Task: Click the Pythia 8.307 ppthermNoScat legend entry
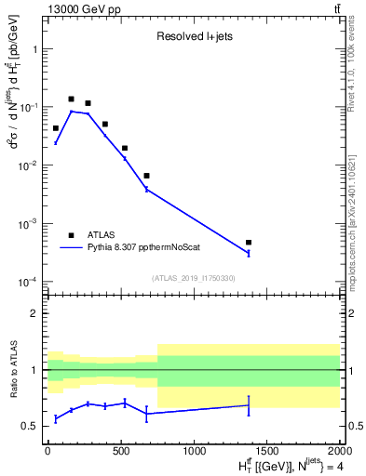(149, 248)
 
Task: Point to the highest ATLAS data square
(71, 99)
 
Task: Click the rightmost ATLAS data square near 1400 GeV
(249, 243)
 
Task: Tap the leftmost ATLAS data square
(56, 128)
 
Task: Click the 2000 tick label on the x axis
(339, 451)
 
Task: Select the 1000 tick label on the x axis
(194, 451)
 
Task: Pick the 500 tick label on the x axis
(120, 451)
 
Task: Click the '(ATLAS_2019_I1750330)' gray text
(193, 278)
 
